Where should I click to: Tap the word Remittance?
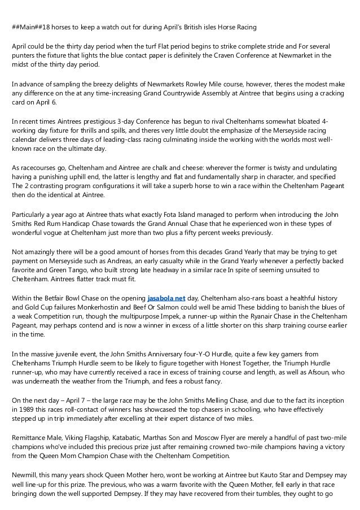(x=35, y=431)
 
